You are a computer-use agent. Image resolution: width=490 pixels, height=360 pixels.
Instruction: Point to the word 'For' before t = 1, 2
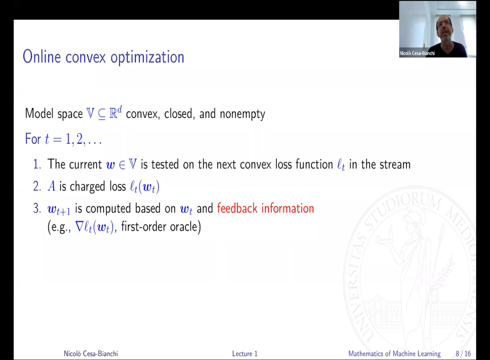click(33, 139)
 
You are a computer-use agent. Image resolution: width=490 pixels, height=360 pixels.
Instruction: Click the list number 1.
click(37, 165)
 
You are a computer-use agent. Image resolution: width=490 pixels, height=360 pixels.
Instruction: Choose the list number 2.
click(37, 186)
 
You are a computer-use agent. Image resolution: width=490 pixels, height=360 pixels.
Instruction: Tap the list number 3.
click(37, 209)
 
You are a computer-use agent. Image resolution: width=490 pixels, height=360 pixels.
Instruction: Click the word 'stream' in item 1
click(392, 165)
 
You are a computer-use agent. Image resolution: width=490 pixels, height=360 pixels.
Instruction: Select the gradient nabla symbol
click(80, 226)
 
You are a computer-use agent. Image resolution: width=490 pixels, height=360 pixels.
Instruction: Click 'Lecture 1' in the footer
click(245, 354)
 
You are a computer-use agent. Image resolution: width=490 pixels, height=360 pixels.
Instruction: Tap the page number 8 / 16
click(463, 354)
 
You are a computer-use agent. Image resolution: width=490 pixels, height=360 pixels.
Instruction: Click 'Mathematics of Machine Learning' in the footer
click(394, 354)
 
